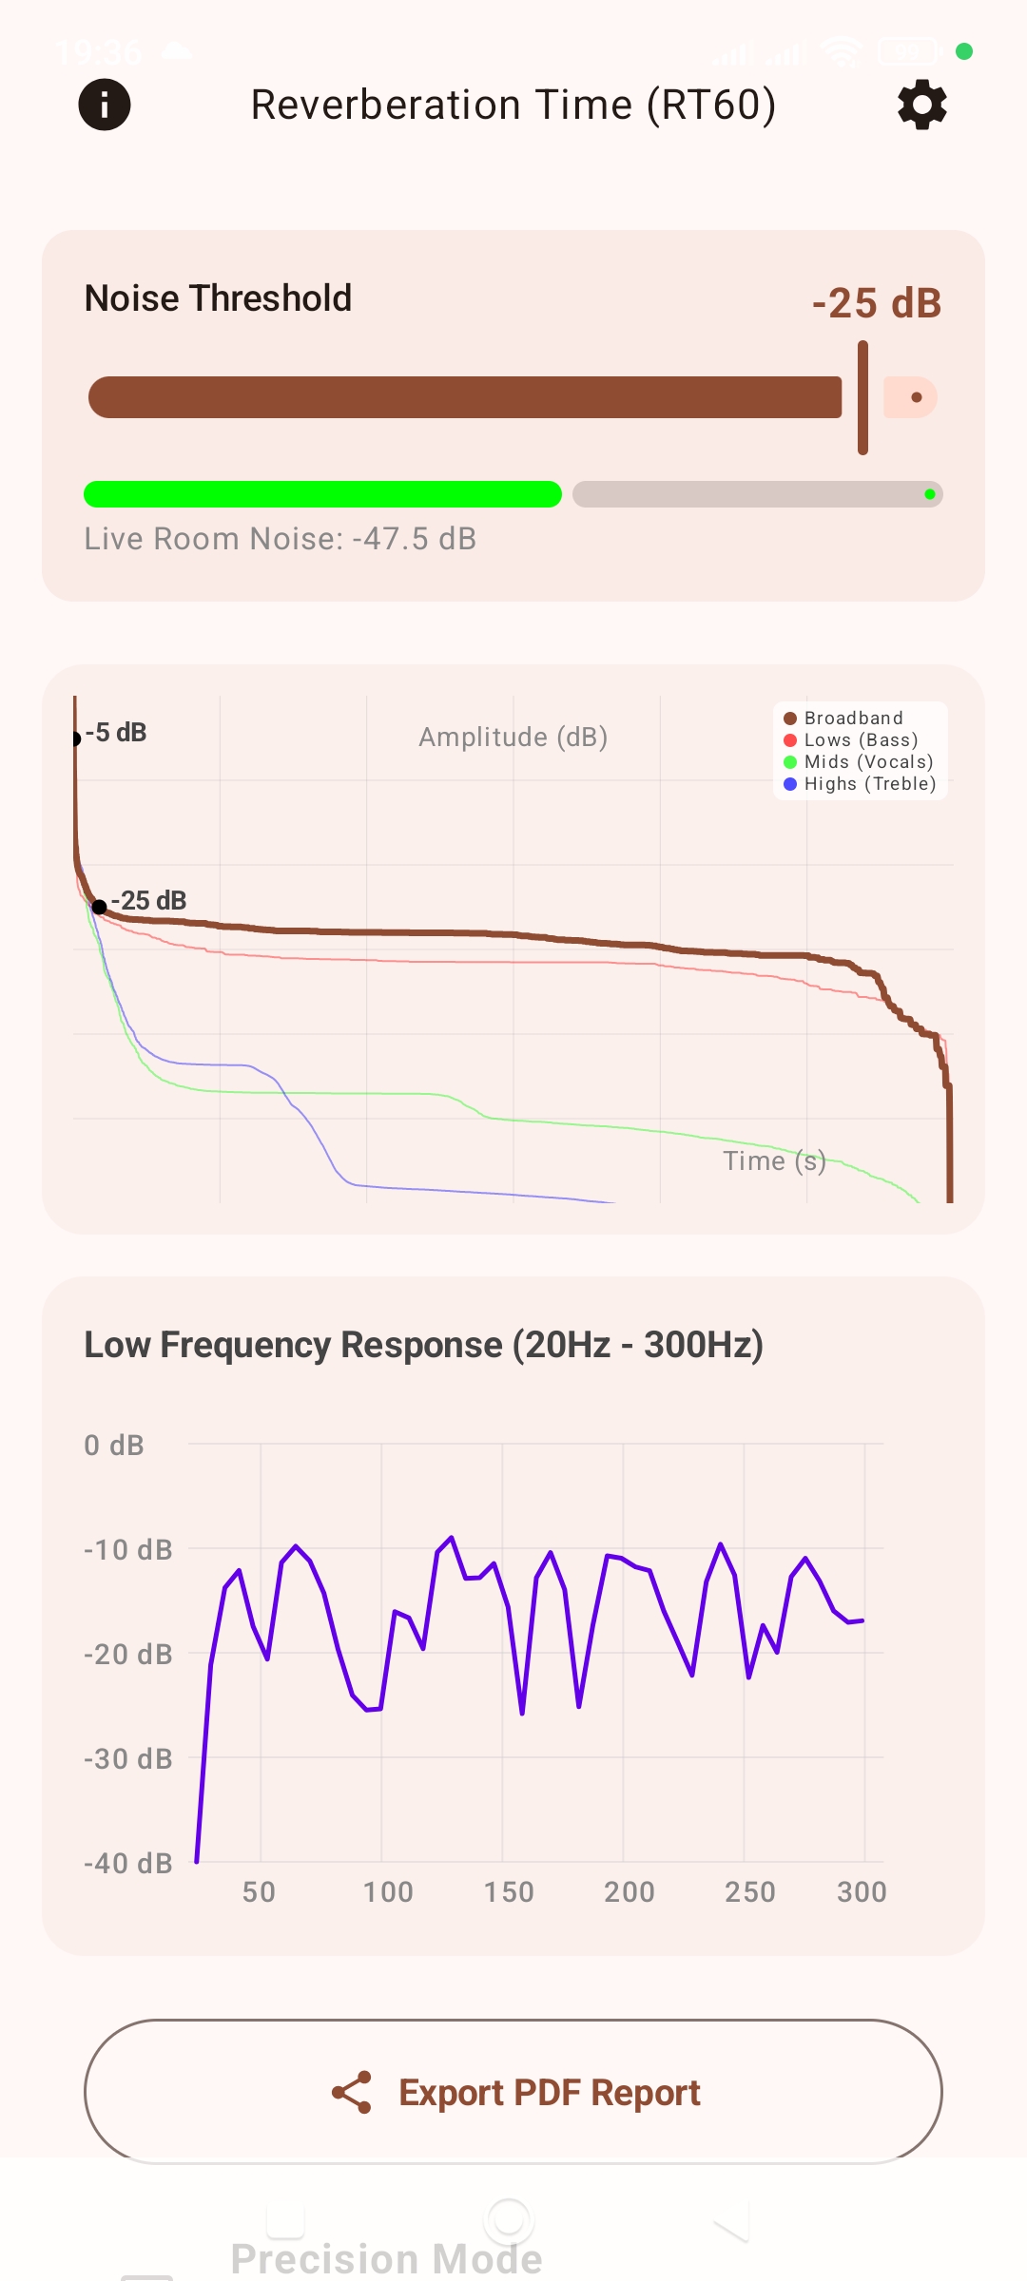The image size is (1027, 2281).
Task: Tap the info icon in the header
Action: pyautogui.click(x=105, y=105)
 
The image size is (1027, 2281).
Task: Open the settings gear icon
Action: pyautogui.click(x=921, y=105)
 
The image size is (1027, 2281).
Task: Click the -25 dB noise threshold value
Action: pyautogui.click(x=876, y=303)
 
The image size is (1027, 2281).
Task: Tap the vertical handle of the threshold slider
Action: pyautogui.click(x=862, y=397)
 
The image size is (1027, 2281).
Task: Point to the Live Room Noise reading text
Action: pyautogui.click(x=280, y=539)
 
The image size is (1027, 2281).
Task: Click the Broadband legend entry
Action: pyautogui.click(x=843, y=719)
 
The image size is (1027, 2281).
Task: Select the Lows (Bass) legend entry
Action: pyautogui.click(x=851, y=740)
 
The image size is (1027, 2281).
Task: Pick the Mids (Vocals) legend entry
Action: pyautogui.click(x=859, y=762)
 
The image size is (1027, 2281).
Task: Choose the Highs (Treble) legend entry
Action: pyautogui.click(x=860, y=784)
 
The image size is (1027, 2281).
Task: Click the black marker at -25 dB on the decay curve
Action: pyautogui.click(x=99, y=907)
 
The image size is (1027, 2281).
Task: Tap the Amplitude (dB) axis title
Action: pyautogui.click(x=513, y=738)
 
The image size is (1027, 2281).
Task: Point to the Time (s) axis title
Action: pyautogui.click(x=774, y=1160)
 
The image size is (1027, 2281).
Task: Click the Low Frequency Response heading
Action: pyautogui.click(x=423, y=1345)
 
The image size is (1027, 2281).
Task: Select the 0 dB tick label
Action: pyautogui.click(x=114, y=1446)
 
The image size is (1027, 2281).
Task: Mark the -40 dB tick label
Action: pyautogui.click(x=128, y=1864)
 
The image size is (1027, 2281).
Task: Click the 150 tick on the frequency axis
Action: pyautogui.click(x=509, y=1892)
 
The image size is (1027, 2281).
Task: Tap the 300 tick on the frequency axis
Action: pyautogui.click(x=862, y=1892)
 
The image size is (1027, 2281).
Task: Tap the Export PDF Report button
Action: pyautogui.click(x=513, y=2092)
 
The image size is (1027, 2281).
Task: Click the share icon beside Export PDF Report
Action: pyautogui.click(x=352, y=2093)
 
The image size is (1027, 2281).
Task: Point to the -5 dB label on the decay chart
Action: pyautogui.click(x=116, y=733)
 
